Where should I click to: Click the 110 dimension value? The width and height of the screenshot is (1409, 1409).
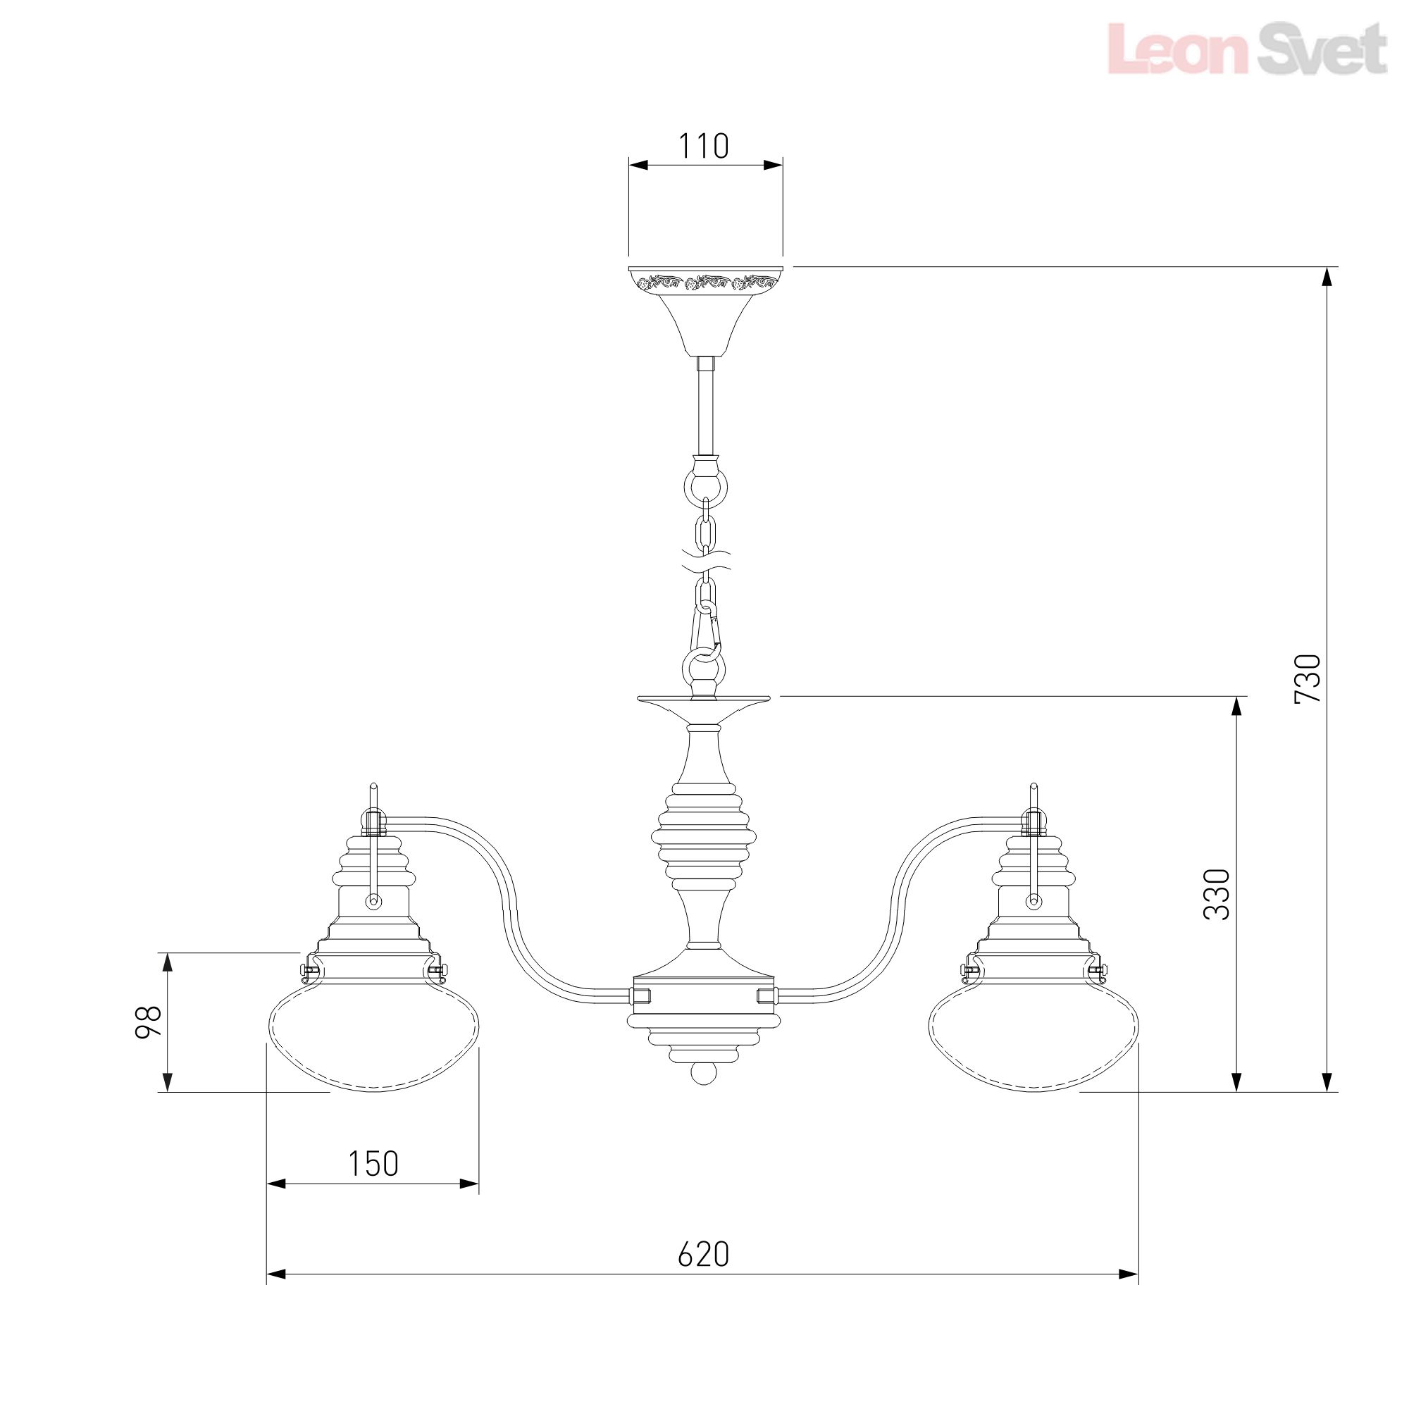point(704,146)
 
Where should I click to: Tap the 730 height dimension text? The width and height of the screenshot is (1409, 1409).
point(1308,678)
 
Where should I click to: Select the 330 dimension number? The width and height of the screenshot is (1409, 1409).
point(1217,894)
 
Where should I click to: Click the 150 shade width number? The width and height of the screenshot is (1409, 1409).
point(373,1164)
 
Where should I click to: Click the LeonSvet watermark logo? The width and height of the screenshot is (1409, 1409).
point(1247,48)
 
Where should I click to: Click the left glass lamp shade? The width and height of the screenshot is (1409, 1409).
point(375,1043)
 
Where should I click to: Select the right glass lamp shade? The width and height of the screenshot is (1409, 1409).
point(1034,1043)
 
